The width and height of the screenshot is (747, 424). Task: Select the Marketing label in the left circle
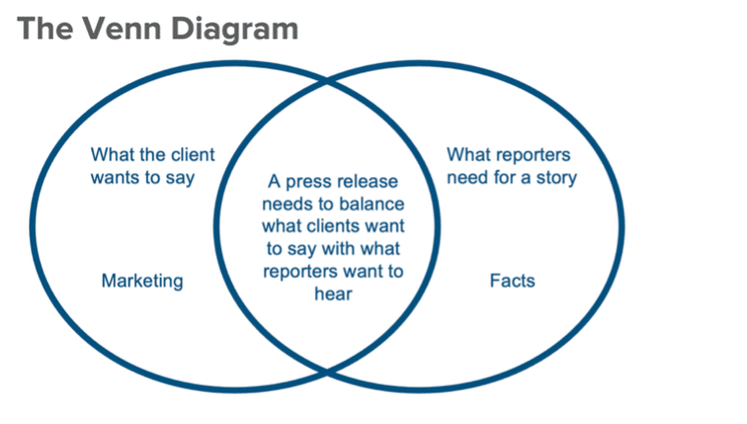[142, 281]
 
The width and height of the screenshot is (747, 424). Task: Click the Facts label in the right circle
[512, 281]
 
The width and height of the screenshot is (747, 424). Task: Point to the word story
[553, 177]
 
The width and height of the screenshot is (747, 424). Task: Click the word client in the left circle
[192, 155]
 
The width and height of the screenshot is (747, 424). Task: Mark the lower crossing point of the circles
[327, 372]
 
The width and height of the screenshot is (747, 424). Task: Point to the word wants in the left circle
[115, 177]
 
